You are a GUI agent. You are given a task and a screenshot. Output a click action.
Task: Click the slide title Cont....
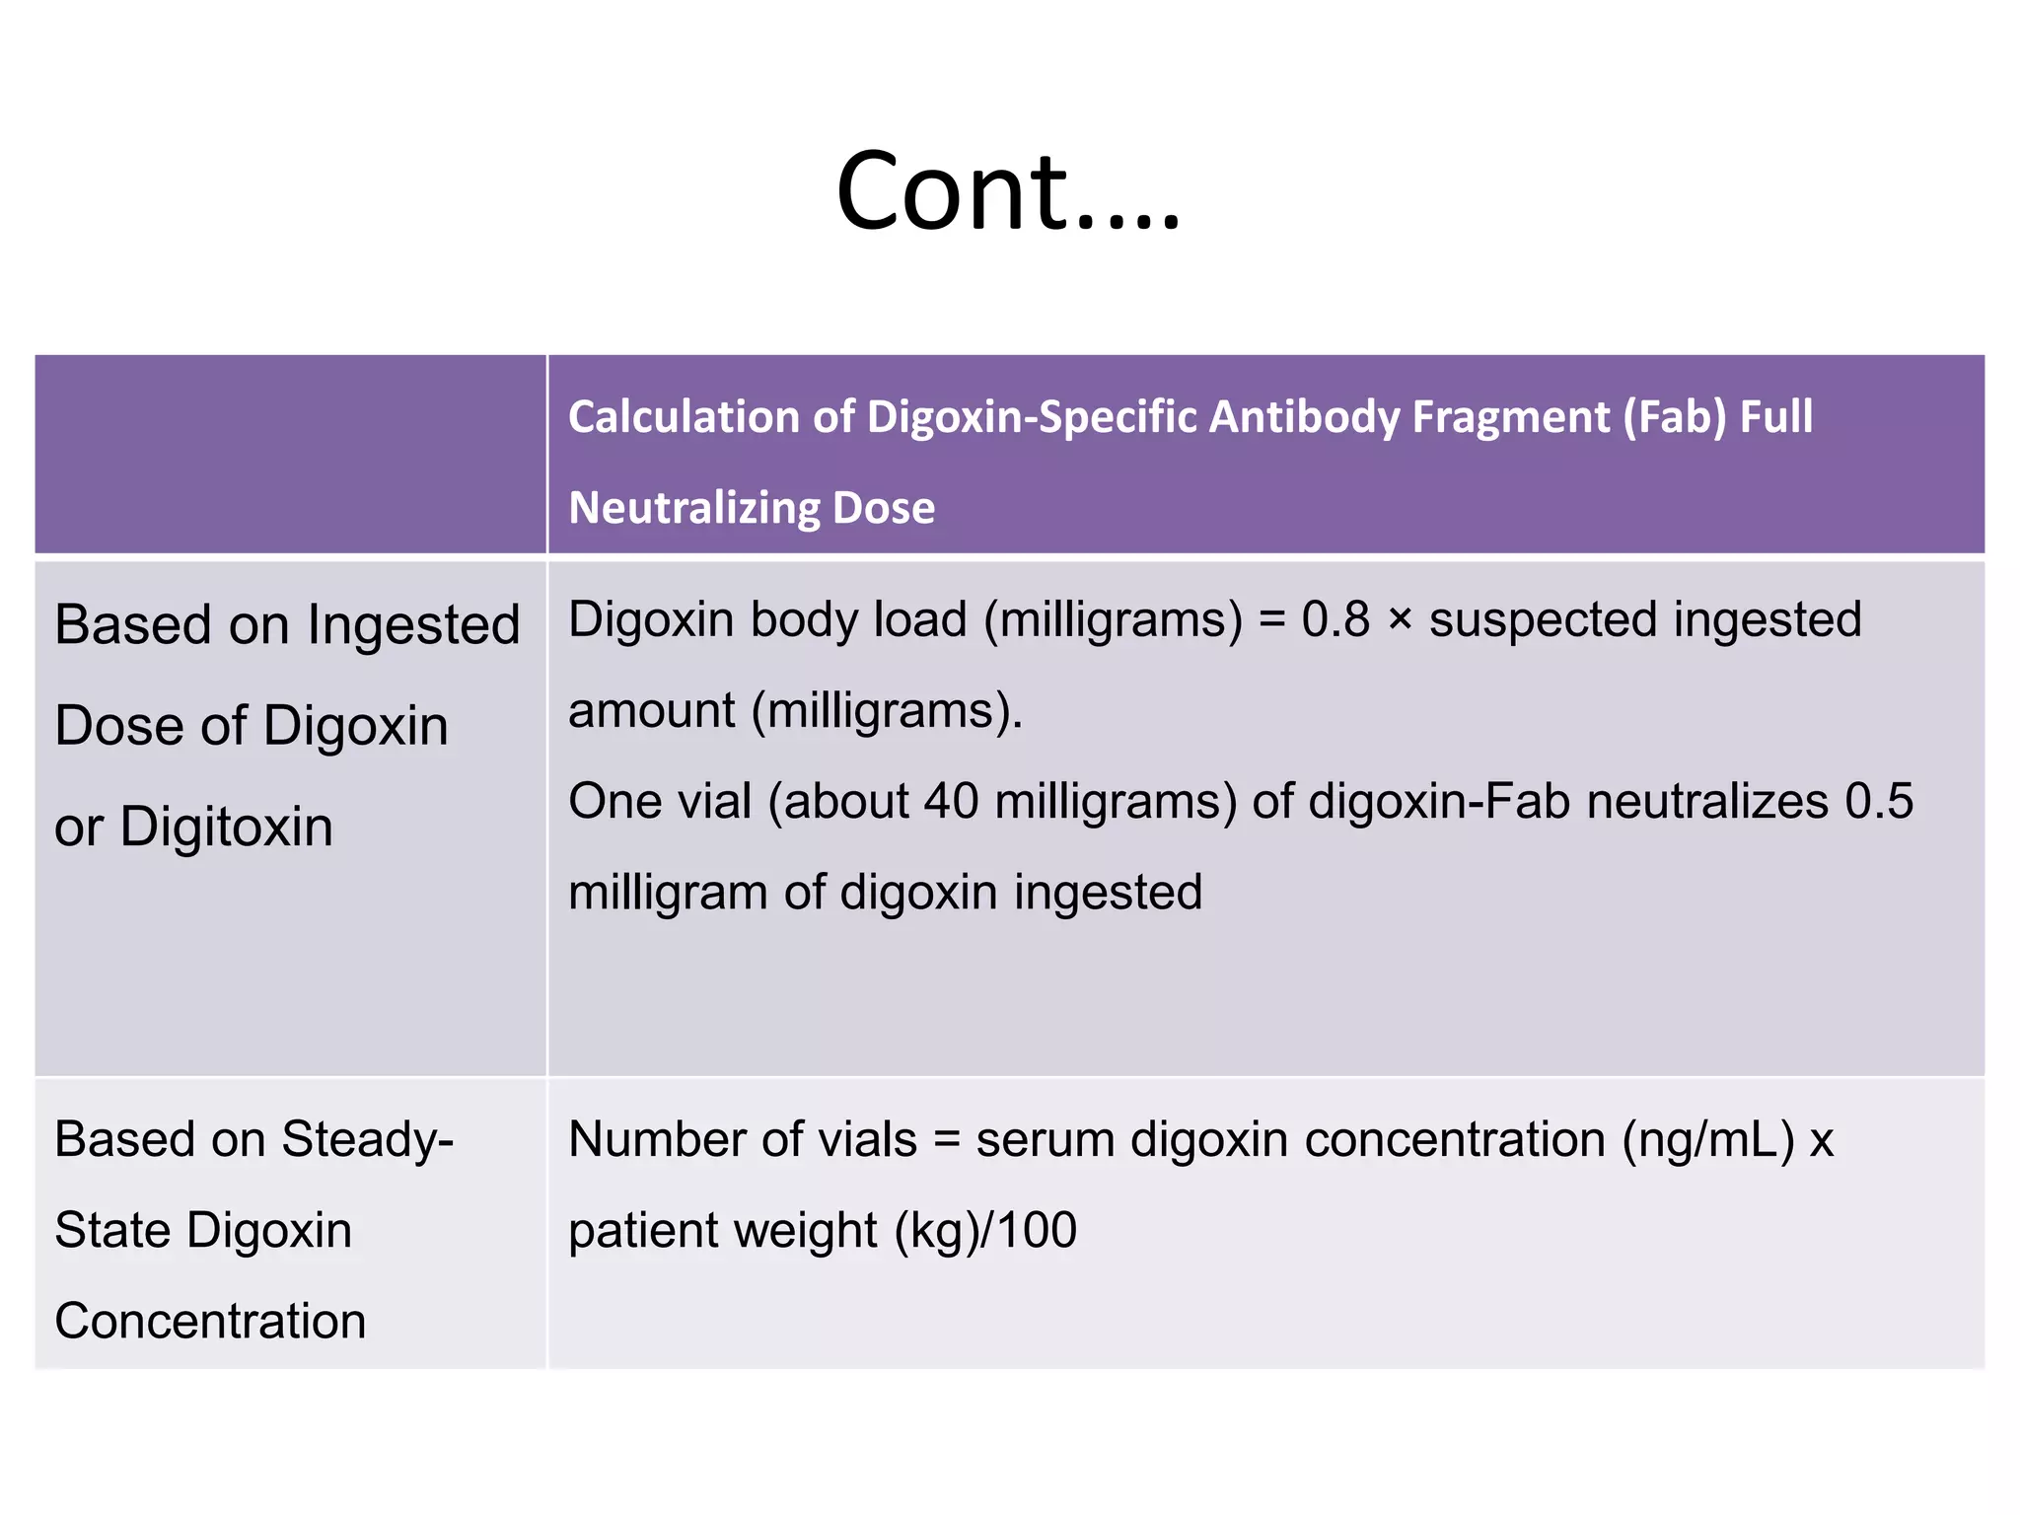[x=1007, y=190]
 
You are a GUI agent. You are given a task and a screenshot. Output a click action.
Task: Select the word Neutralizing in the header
[x=693, y=508]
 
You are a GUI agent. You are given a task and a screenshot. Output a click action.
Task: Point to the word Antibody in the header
[x=1302, y=417]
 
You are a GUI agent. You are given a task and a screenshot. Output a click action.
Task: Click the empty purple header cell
[x=290, y=454]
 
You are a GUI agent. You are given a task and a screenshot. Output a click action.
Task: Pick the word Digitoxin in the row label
[x=226, y=827]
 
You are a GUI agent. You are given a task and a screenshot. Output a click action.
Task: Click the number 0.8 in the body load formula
[x=1335, y=620]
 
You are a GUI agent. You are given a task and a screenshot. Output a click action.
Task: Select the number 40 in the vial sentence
[x=951, y=801]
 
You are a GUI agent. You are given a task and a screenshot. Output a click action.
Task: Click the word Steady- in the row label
[x=367, y=1140]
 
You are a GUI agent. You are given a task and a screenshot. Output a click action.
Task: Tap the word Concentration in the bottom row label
[x=210, y=1322]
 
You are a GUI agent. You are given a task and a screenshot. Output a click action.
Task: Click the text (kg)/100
[x=985, y=1231]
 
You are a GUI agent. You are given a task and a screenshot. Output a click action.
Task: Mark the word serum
[x=1046, y=1140]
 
